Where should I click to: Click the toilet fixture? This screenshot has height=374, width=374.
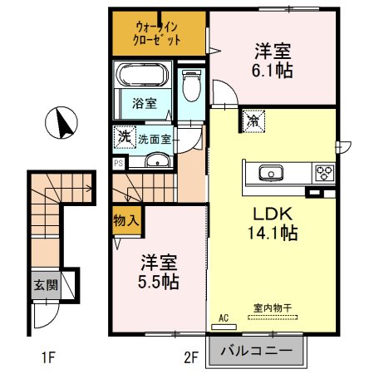click(x=190, y=83)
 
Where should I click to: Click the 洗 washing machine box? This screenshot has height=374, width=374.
click(x=123, y=135)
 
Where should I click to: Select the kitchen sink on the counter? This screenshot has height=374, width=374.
click(x=270, y=174)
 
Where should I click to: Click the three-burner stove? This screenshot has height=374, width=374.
click(x=323, y=174)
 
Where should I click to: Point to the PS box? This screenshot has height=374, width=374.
click(x=117, y=164)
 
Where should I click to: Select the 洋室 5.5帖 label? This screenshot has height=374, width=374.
click(x=159, y=271)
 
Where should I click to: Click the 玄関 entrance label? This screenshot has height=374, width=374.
click(x=45, y=284)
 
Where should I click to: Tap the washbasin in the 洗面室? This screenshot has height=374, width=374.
click(x=154, y=160)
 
